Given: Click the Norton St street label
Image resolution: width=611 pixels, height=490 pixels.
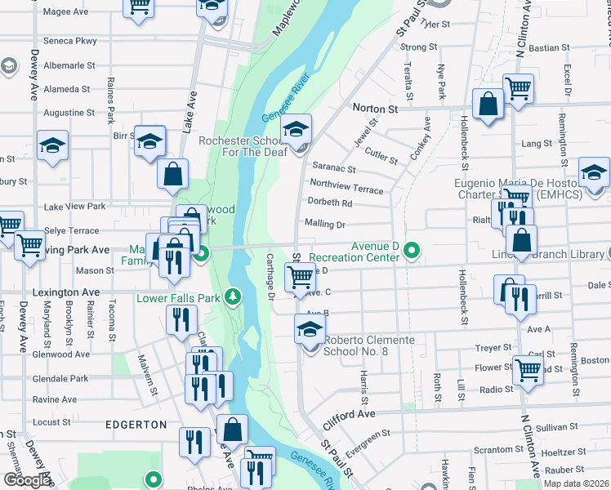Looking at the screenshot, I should [x=374, y=108].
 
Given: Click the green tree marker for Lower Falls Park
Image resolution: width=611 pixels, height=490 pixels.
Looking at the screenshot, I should [x=234, y=295].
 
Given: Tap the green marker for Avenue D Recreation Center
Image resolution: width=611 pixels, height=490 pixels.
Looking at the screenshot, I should [x=413, y=251].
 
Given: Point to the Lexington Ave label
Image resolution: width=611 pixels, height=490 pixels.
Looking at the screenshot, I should [x=60, y=292].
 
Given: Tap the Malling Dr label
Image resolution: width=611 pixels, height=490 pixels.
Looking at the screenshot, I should [x=325, y=224].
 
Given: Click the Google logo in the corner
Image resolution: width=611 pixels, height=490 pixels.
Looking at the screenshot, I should [x=27, y=480].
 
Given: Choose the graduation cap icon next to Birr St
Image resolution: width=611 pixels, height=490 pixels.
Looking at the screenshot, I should [x=150, y=141].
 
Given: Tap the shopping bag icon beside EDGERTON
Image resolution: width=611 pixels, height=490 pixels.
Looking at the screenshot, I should [x=233, y=429].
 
